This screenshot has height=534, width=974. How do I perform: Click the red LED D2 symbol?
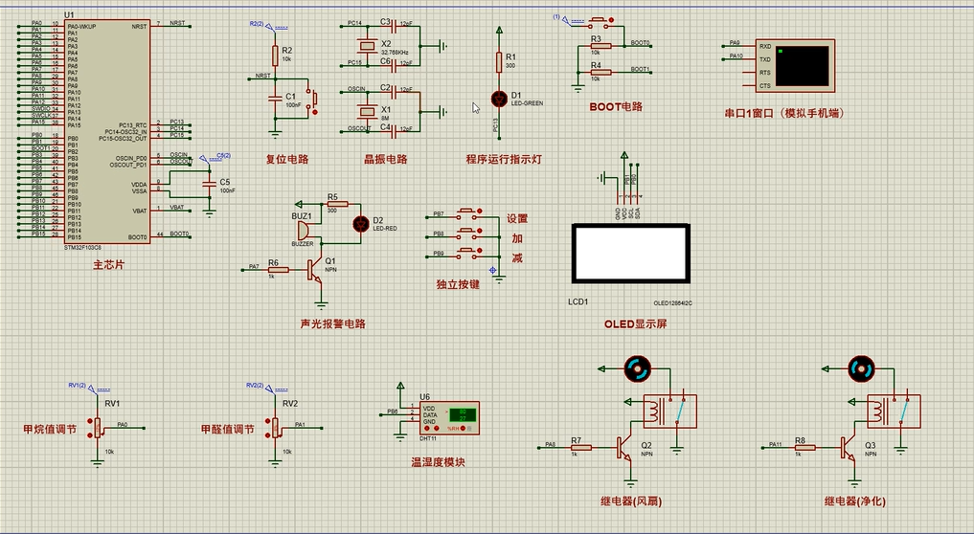[361, 223]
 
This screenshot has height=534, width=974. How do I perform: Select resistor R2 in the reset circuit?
[275, 54]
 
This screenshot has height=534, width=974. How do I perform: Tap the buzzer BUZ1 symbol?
[304, 230]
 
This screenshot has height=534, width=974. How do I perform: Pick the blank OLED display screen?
[629, 254]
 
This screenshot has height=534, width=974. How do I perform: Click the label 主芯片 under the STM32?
[108, 263]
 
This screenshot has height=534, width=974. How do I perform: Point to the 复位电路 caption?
[286, 159]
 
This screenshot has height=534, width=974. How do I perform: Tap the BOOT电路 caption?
[616, 106]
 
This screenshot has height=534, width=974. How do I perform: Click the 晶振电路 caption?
[385, 159]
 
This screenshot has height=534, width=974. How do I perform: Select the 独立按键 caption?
[457, 284]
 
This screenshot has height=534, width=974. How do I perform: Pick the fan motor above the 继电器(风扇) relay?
[637, 367]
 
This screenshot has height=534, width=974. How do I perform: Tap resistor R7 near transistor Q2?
[578, 446]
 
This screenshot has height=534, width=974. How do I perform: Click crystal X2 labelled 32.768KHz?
[365, 46]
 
